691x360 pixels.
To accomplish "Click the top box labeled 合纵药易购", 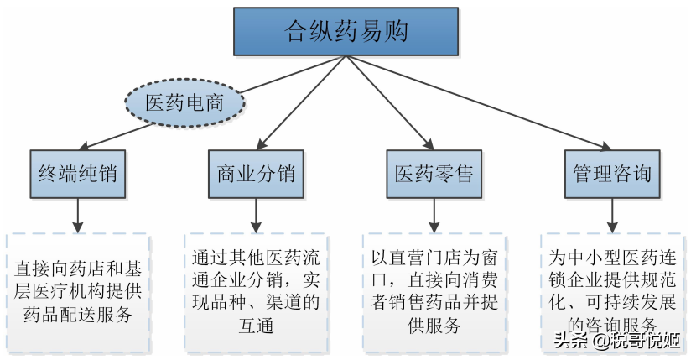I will coord(345,31).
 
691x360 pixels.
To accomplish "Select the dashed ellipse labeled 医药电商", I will coord(184,102).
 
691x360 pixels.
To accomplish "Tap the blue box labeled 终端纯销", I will coord(77,174).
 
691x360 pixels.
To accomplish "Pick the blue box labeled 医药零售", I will coord(433,174).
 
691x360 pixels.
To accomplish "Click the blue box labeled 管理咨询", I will coord(610,174).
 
